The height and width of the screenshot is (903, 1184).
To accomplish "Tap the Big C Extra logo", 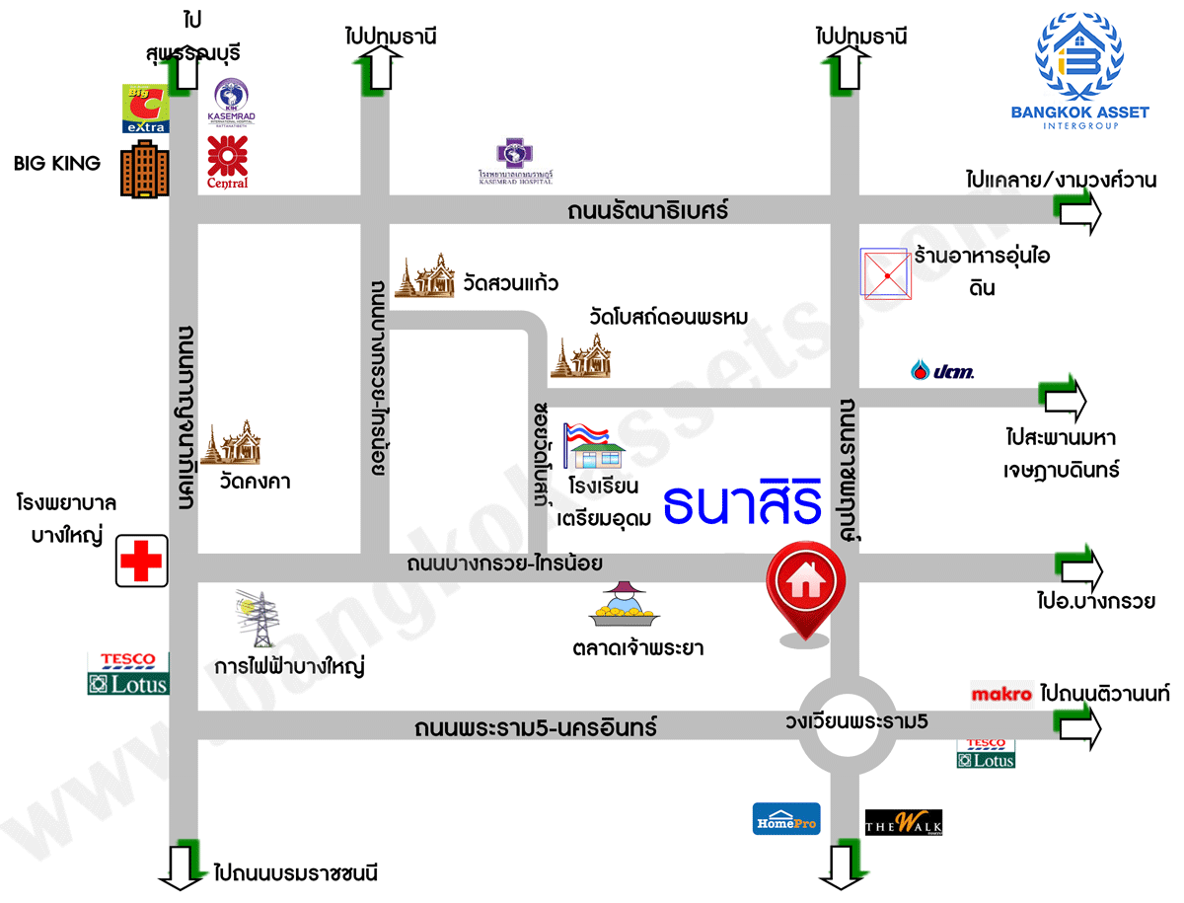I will tap(144, 109).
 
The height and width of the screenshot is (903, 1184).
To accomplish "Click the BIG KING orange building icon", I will tap(144, 172).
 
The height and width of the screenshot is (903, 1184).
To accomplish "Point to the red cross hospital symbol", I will tap(140, 562).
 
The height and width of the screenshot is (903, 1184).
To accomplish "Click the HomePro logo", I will tap(786, 819).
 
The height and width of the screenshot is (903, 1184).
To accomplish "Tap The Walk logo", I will tap(903, 822).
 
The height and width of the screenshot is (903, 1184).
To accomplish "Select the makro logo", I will tap(1001, 694).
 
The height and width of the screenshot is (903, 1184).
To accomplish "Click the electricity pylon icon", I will tap(259, 620).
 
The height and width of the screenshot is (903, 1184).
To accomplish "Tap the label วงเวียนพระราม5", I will tap(856, 721).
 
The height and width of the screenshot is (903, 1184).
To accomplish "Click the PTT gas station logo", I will tap(941, 371).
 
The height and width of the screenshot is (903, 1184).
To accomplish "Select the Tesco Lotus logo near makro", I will tap(985, 753).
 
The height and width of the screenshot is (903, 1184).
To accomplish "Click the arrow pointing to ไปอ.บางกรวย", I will tap(1078, 566).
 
